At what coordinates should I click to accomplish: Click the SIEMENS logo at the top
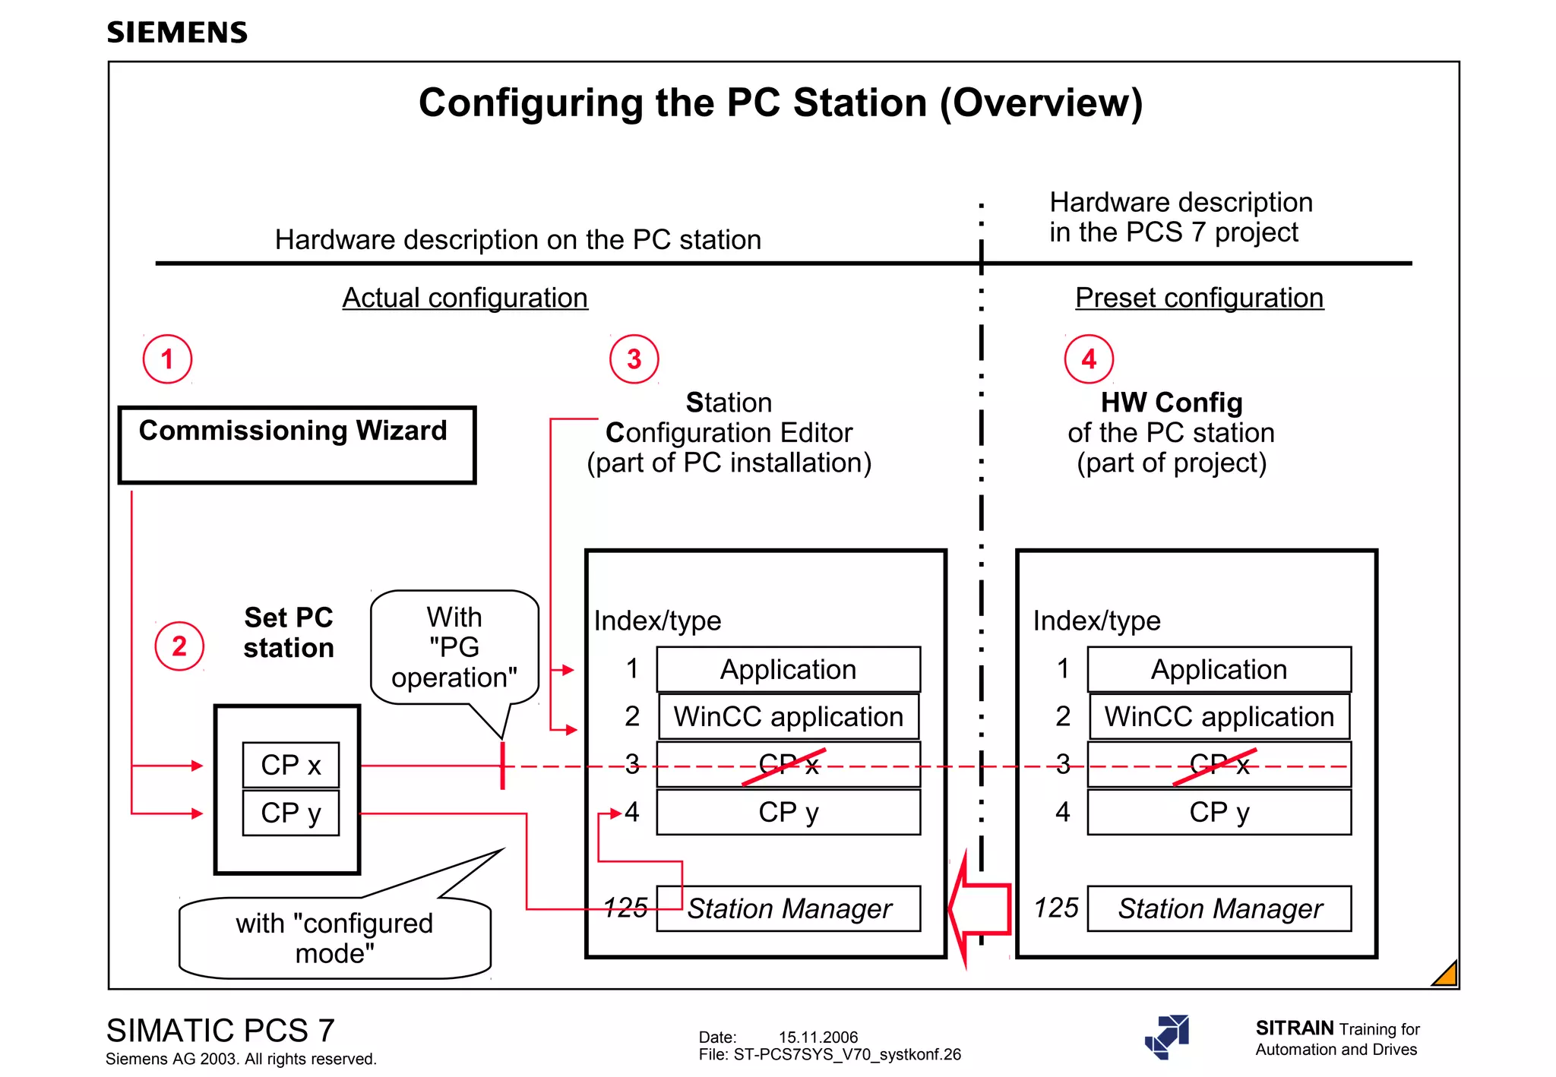(x=177, y=32)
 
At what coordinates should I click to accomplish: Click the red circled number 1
(x=167, y=359)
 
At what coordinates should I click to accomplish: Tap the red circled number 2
(x=179, y=646)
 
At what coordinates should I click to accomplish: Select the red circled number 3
(x=634, y=359)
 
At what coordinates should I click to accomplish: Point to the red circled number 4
(x=1088, y=359)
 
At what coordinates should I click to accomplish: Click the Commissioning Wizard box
(x=297, y=444)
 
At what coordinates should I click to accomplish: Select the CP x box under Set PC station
(x=291, y=765)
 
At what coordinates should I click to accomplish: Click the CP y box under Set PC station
(x=291, y=813)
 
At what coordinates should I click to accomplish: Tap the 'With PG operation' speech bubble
(x=454, y=647)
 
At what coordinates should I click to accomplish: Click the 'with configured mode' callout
(x=335, y=938)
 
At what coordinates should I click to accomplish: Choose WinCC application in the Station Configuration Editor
(x=789, y=716)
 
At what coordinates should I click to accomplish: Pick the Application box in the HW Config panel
(x=1219, y=669)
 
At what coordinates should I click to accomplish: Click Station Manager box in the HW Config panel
(x=1219, y=908)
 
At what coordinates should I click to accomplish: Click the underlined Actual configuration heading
(x=465, y=298)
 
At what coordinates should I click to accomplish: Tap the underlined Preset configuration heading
(x=1199, y=298)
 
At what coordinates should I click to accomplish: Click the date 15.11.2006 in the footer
(x=818, y=1037)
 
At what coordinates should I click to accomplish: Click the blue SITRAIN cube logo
(x=1168, y=1037)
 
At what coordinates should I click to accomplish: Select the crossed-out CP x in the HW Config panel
(x=1219, y=765)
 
